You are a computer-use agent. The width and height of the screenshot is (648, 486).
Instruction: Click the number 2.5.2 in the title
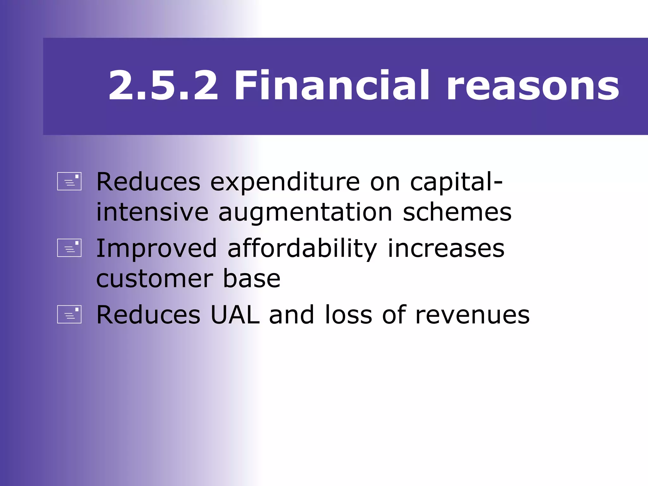[x=163, y=86]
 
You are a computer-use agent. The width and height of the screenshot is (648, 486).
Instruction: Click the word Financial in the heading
[x=332, y=86]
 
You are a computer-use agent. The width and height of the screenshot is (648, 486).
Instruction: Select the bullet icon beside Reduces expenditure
[x=69, y=181]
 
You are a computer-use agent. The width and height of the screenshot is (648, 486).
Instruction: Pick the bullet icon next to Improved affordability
[x=69, y=248]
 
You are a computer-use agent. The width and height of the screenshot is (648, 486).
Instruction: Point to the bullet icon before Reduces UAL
[x=69, y=315]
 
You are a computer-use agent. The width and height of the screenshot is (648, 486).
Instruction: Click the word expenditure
[x=285, y=183]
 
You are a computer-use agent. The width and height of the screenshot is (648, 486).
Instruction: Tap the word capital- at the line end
[x=456, y=183]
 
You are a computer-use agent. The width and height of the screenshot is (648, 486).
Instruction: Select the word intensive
[x=152, y=212]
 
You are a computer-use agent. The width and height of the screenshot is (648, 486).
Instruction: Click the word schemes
[x=457, y=212]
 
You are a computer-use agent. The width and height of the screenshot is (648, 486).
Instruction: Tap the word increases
[x=446, y=248]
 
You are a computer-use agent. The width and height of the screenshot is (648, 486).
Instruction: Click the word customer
[x=154, y=279]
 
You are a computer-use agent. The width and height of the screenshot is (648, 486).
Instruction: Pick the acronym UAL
[x=235, y=315]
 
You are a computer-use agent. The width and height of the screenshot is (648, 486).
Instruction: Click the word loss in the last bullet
[x=348, y=315]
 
